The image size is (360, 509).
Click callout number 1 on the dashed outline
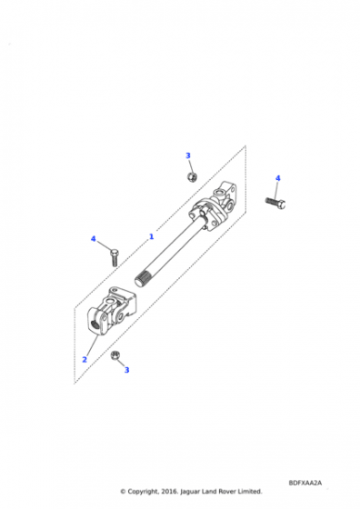[151, 236]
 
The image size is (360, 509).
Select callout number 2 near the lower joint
[85, 359]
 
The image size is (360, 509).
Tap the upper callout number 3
[188, 155]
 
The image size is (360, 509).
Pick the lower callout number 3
[126, 370]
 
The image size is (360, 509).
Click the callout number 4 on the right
[278, 178]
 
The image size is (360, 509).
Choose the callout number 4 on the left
[93, 239]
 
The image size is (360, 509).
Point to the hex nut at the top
[192, 176]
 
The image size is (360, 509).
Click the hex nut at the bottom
[115, 355]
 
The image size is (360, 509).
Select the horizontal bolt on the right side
[275, 203]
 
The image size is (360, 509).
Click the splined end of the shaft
[141, 280]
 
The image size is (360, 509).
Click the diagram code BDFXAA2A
[305, 483]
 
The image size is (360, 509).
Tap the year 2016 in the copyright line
[169, 492]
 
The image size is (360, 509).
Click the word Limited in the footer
[250, 492]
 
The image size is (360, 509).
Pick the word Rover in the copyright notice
[227, 492]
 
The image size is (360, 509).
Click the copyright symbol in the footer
[123, 492]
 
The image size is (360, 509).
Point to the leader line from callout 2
[92, 345]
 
